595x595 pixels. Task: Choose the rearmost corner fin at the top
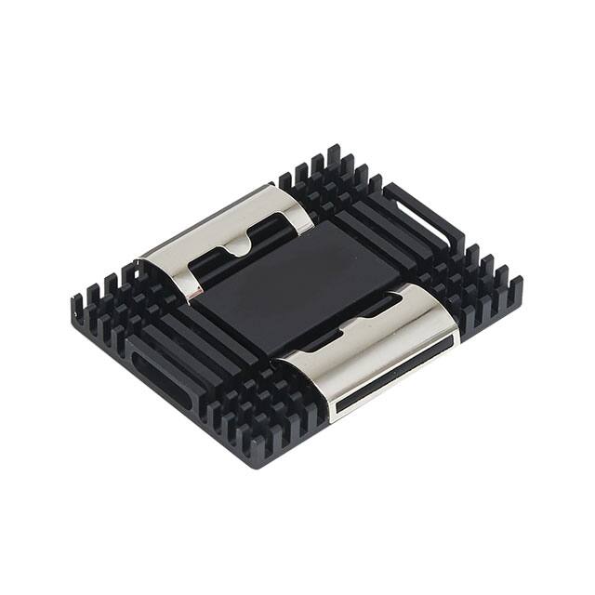click(x=333, y=149)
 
